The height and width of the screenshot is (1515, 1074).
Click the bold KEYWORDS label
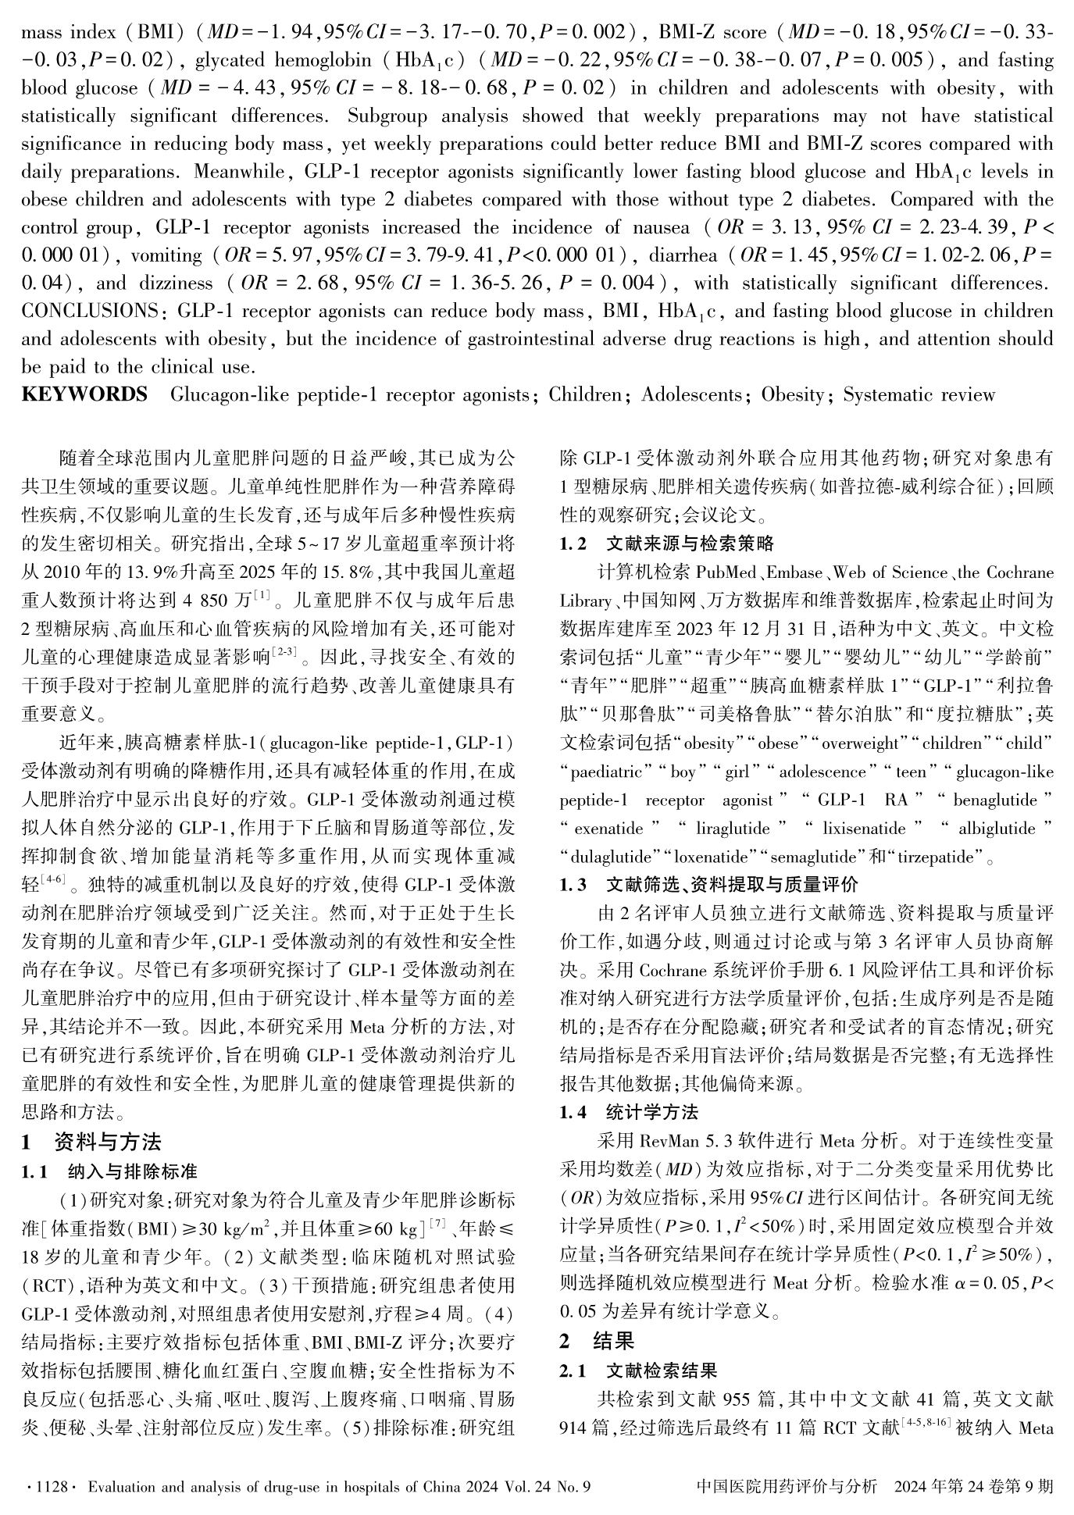coord(84,394)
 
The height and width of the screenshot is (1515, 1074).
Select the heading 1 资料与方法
coord(91,1142)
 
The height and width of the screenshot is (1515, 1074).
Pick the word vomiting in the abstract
coord(166,255)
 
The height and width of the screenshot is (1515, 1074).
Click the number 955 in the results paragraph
coord(739,1399)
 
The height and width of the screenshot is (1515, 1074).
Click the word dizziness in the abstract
coord(176,283)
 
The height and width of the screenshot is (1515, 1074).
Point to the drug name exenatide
coord(608,829)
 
